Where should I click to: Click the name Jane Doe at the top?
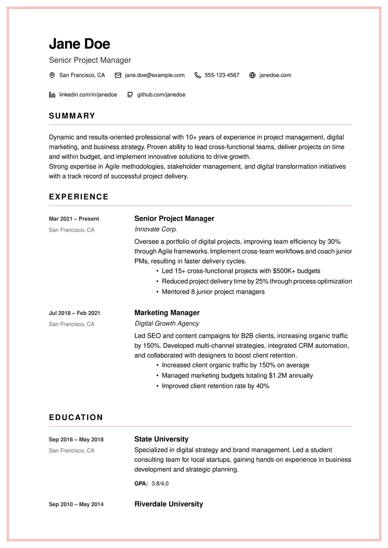80,44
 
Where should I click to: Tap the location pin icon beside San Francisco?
52,75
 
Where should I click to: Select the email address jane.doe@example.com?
154,75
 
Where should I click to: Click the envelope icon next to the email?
118,75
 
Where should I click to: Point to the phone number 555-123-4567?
222,75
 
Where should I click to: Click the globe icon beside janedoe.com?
252,75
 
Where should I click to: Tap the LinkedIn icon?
52,94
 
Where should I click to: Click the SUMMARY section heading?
72,116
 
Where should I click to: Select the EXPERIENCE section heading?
79,197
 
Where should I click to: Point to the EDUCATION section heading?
76,417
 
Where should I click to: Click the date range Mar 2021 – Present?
74,219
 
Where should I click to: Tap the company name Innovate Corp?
156,229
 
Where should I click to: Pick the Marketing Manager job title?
167,313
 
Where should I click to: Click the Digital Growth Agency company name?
167,323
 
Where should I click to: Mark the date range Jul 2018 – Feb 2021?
75,313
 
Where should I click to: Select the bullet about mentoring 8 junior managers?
213,292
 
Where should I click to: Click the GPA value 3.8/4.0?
160,484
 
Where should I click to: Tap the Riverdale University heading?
168,504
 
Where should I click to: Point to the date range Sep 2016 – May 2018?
76,440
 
